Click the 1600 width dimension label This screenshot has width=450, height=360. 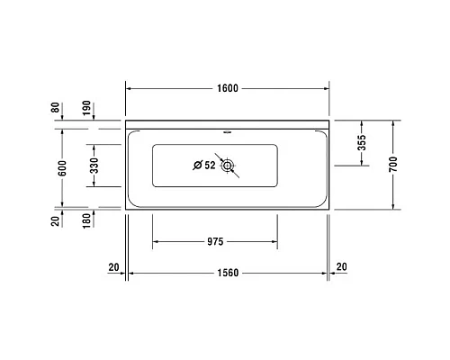coord(227,88)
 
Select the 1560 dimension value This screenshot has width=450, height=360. coord(227,272)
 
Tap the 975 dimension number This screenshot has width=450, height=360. coord(214,241)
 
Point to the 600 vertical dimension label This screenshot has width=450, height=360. coord(62,167)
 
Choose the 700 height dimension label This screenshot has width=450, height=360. coord(392,166)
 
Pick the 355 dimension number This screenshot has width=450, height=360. coord(361,144)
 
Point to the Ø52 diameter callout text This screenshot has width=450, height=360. coord(204,165)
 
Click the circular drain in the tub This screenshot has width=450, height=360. coord(229,165)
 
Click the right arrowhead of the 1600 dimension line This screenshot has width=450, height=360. coord(327,88)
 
